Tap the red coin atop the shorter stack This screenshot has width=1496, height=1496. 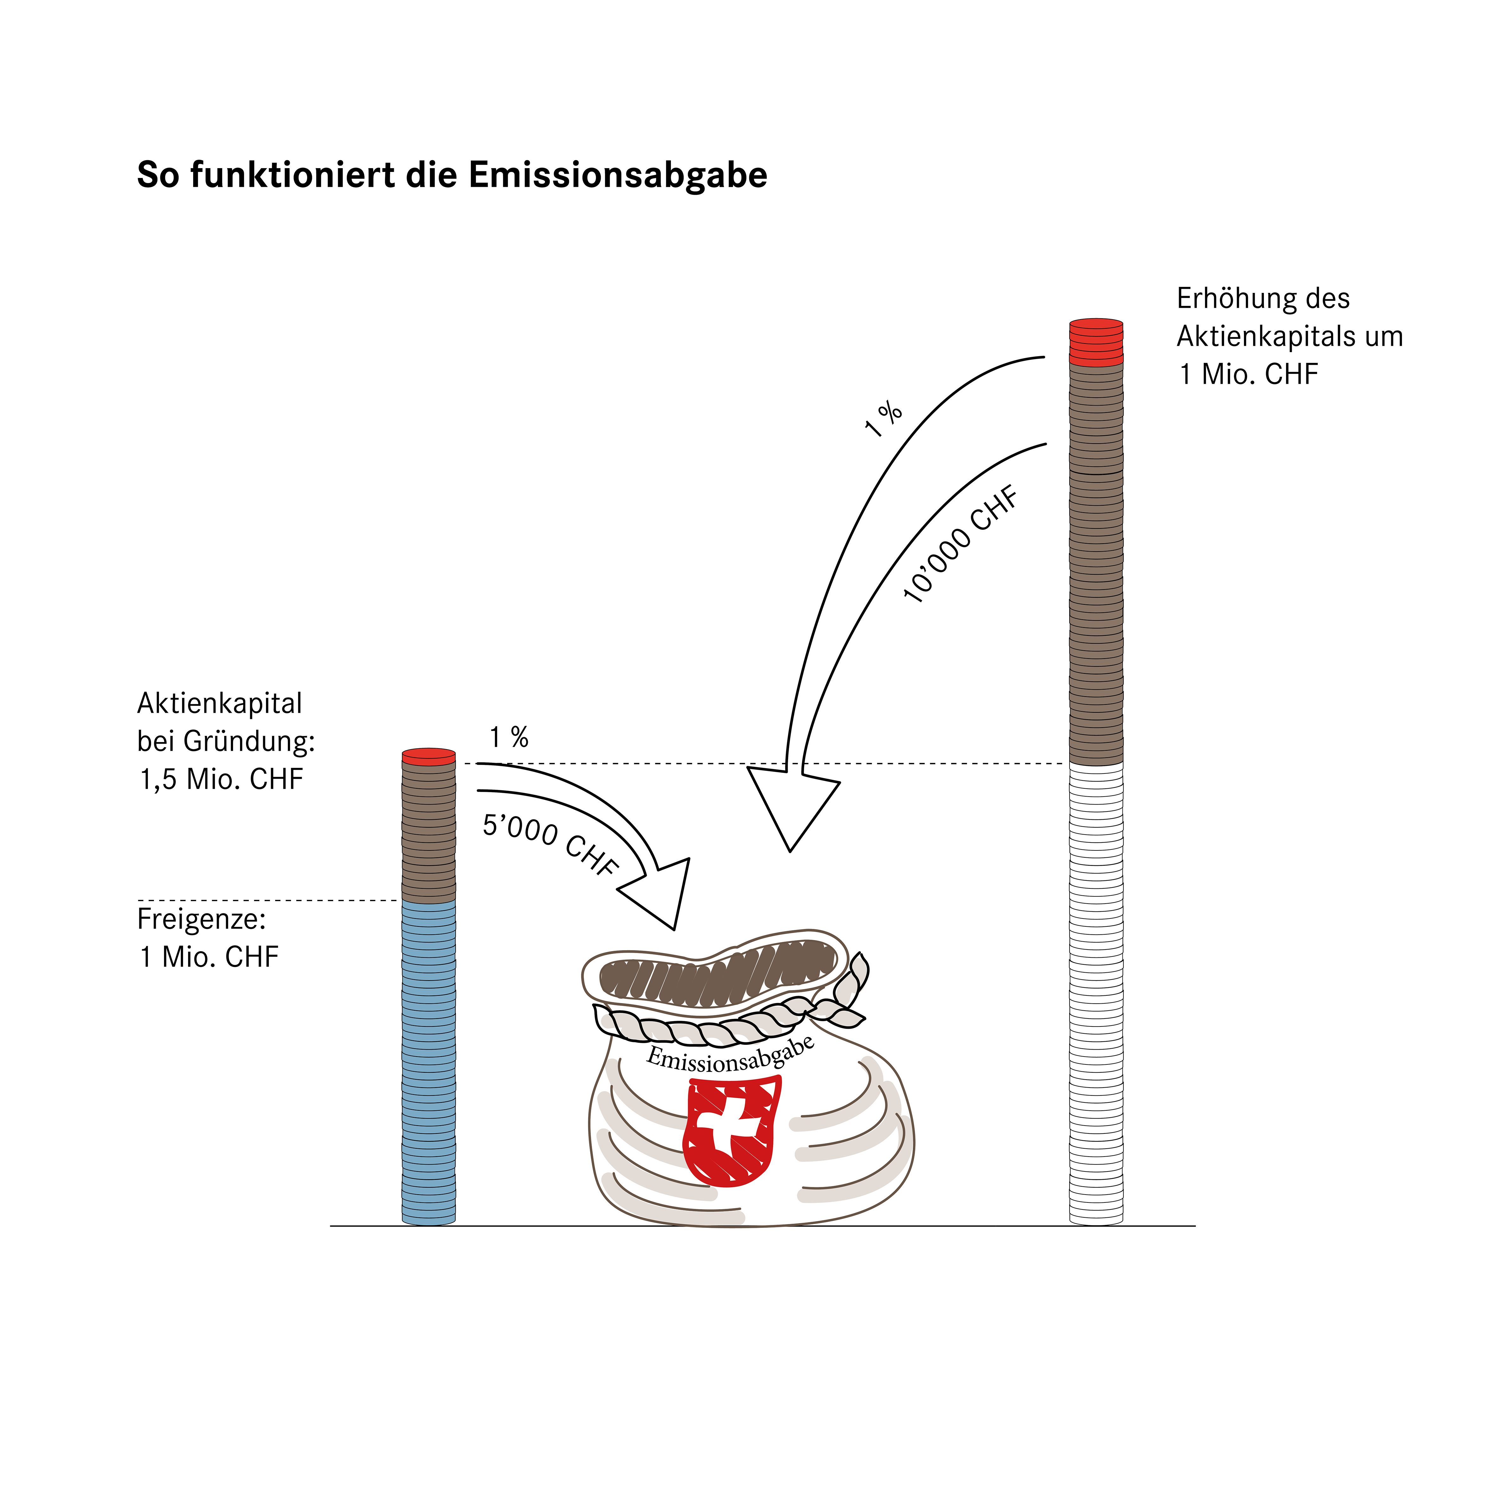pos(428,756)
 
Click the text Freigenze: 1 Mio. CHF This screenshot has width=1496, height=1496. pos(207,938)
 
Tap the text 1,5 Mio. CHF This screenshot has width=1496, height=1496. pos(221,779)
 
